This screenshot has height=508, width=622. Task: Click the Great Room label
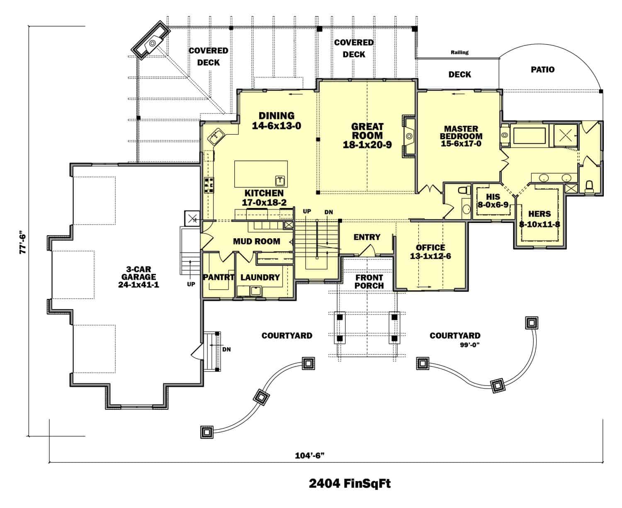point(367,131)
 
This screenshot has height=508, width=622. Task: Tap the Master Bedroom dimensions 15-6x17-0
point(461,144)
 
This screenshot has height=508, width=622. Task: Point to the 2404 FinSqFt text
point(350,484)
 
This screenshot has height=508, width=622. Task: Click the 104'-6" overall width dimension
point(309,455)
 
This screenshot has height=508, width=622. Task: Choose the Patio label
point(542,70)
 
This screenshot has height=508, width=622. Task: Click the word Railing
point(459,52)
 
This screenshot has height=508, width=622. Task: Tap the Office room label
point(430,248)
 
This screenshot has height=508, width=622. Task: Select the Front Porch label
point(369,282)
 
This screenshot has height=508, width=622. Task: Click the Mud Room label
point(256,241)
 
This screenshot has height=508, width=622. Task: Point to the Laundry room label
point(260,277)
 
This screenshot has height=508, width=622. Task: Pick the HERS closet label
point(539,214)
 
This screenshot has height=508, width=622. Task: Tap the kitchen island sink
point(280,180)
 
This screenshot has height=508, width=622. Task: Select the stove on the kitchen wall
point(209,185)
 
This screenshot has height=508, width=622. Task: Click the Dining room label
point(277,116)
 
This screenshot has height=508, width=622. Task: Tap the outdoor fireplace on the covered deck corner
point(151,43)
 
